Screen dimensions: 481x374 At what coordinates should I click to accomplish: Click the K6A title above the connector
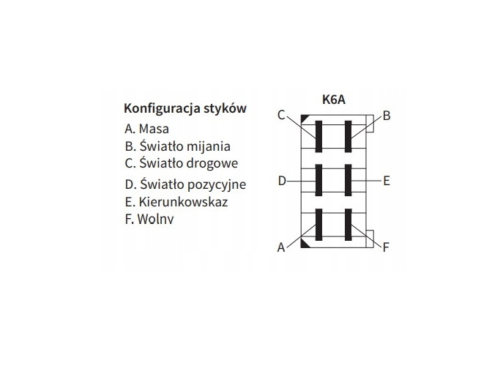[x=334, y=100]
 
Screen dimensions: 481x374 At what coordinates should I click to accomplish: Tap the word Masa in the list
[x=154, y=129]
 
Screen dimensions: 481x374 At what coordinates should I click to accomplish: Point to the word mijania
[x=209, y=146]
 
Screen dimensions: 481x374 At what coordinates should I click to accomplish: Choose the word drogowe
[x=212, y=162]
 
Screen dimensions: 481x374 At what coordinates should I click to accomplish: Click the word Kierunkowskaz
[x=183, y=202]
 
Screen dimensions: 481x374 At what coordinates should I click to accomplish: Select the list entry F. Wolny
[x=149, y=219]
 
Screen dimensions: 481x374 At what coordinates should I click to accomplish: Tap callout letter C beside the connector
[x=281, y=115]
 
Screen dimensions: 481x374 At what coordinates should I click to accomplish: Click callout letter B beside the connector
[x=387, y=116]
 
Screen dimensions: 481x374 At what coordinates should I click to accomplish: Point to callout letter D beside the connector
[x=282, y=181]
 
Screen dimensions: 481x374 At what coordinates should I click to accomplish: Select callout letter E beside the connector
[x=387, y=181]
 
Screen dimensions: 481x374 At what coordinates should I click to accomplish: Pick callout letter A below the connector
[x=281, y=247]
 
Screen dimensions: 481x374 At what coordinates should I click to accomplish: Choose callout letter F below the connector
[x=386, y=247]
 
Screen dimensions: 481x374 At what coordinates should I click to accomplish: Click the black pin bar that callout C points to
[x=318, y=136]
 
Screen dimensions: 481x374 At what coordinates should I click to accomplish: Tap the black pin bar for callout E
[x=348, y=180]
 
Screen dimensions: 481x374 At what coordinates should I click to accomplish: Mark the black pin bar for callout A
[x=318, y=225]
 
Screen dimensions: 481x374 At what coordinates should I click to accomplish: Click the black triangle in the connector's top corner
[x=305, y=119]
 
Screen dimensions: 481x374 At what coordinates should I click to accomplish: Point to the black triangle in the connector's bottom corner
[x=305, y=244]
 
